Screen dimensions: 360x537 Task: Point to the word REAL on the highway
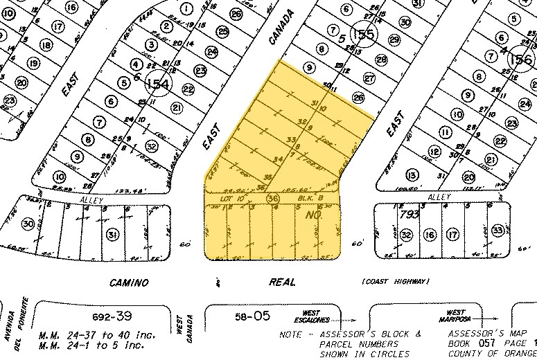coord(283,282)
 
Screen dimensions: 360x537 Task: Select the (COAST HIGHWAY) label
coord(396,281)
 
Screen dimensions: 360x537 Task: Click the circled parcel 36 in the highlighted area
coord(273,199)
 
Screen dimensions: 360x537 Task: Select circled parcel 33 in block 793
coord(496,230)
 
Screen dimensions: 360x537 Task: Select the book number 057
coord(480,344)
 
